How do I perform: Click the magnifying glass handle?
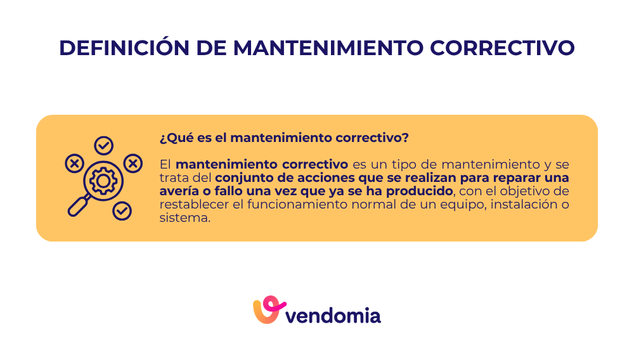point(79,206)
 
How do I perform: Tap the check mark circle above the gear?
point(103,146)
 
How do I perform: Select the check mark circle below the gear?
point(122,210)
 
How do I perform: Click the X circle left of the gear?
point(74,164)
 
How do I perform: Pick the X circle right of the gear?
point(133,164)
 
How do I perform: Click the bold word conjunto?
point(243,177)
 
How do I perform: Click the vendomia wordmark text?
point(333,315)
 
